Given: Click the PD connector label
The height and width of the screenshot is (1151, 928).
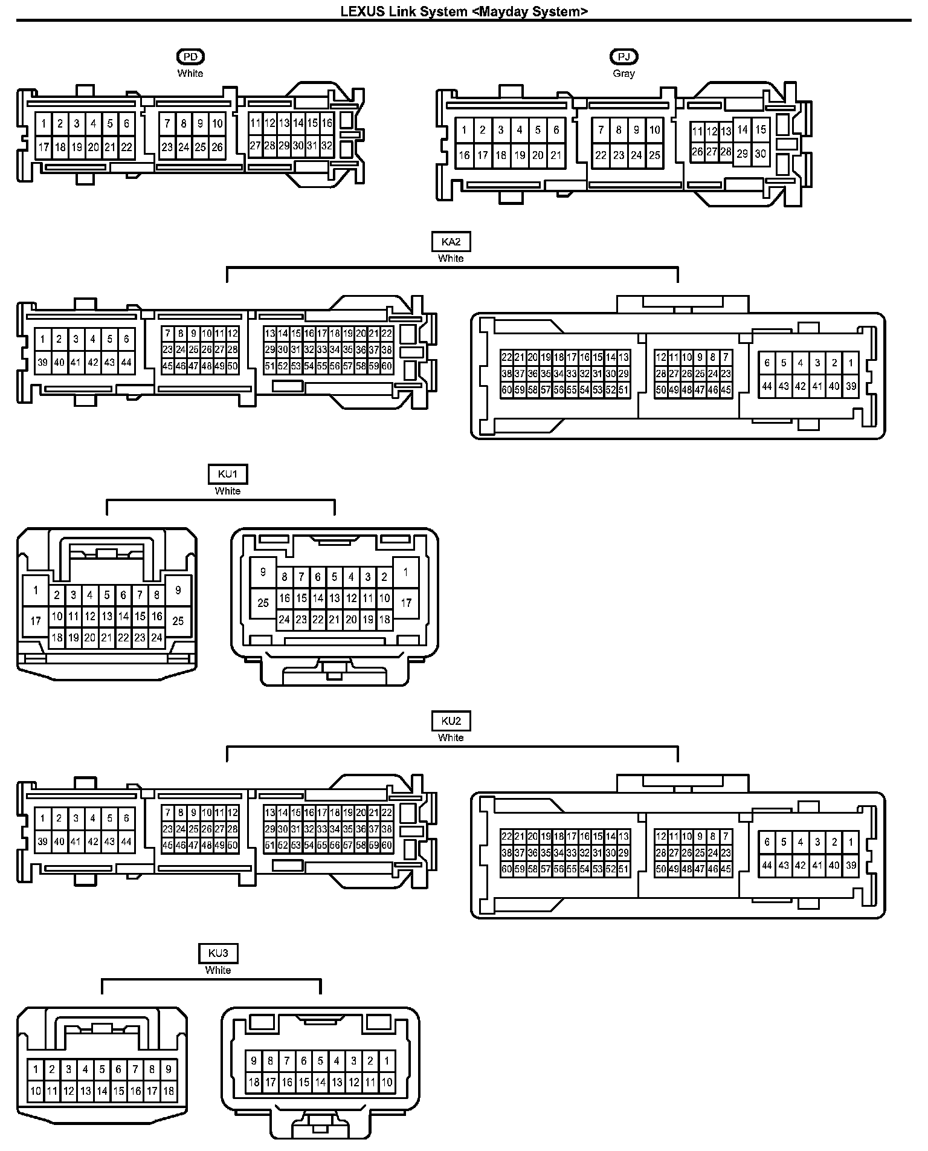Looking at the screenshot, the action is coord(190,57).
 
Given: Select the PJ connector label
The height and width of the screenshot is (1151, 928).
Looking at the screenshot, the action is coord(623,57).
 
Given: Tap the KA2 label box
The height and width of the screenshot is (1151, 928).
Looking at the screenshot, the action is coord(451,242).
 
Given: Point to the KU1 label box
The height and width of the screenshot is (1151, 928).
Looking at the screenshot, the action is coord(227,475).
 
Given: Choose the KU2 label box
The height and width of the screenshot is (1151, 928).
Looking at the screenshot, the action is coord(451,721).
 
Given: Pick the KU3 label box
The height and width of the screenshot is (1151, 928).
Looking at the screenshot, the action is coord(218,953).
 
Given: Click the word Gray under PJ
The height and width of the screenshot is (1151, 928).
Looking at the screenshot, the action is coord(623,73).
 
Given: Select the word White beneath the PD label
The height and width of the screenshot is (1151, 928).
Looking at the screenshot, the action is coord(190,73).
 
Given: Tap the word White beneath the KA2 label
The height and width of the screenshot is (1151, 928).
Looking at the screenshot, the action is coord(451,259).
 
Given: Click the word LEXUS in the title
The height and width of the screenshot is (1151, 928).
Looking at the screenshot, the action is coord(362,11).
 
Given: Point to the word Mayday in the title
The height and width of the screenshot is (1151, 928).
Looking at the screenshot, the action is coord(497,11).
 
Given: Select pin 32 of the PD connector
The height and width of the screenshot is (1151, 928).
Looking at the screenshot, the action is coord(327,146).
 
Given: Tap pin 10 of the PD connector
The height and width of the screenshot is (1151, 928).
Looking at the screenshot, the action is coord(217,124).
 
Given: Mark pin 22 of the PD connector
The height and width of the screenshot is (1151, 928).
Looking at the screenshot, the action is coord(126,147).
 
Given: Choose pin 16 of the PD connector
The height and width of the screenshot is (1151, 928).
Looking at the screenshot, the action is coord(327,123).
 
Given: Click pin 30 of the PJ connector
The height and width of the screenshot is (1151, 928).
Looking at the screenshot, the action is coord(761,154).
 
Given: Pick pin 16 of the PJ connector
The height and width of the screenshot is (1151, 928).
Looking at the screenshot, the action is coord(464,155).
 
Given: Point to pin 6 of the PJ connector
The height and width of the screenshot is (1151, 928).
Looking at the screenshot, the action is coord(556,130).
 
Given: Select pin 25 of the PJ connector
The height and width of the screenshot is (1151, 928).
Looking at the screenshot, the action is coord(655,155).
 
